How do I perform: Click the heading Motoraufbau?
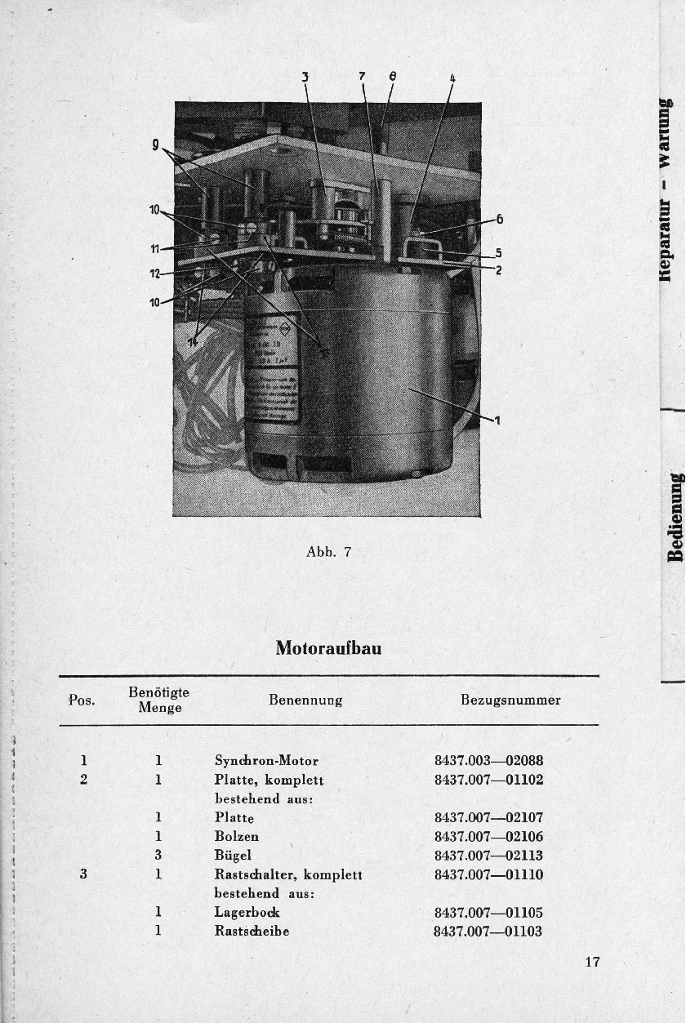coord(328,648)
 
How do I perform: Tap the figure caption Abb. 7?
coord(328,552)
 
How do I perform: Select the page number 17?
coord(592,962)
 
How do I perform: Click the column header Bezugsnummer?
coord(510,701)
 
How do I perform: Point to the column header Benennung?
coord(305,701)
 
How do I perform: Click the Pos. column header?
coord(82,701)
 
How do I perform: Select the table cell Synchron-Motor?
coord(266,761)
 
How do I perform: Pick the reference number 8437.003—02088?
coord(488,761)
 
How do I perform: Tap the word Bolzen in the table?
coord(237,836)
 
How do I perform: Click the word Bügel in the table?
coord(232,856)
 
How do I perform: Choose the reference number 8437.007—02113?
coord(488,856)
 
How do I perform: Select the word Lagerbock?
coord(247,913)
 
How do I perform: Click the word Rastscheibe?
coord(252,932)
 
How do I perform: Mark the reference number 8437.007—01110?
coord(488,874)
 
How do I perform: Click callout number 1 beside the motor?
coord(497,420)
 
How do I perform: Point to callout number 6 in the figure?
coord(499,219)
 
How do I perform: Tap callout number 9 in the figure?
coord(154,147)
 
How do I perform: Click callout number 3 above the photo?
coord(305,78)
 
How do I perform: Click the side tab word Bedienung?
coord(675,517)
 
